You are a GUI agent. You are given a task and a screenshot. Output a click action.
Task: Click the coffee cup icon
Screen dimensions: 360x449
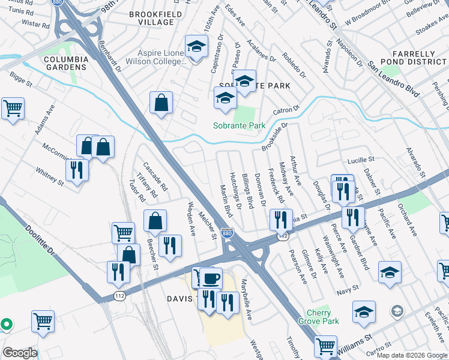click(211, 278)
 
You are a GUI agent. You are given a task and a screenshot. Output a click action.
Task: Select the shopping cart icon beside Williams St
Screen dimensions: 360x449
click(325, 345)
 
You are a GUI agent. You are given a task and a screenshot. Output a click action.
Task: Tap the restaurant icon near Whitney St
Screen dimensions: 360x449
click(77, 169)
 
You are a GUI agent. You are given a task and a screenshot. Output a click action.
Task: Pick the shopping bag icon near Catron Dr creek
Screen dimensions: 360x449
click(161, 103)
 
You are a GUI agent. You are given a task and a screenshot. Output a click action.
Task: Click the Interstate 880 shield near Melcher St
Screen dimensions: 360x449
click(227, 233)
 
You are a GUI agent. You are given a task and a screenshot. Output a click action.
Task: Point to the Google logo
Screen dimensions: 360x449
click(19, 353)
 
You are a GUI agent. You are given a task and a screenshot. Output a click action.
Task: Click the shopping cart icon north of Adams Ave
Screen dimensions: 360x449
click(13, 109)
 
